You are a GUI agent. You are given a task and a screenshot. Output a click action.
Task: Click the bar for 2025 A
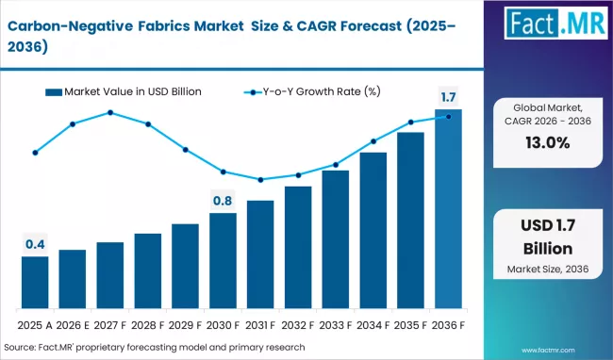pos(35,283)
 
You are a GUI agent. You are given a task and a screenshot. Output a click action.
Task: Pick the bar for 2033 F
pos(335,239)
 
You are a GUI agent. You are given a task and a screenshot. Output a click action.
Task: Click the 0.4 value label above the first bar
pos(35,245)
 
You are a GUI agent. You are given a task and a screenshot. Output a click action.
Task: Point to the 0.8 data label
pos(223,200)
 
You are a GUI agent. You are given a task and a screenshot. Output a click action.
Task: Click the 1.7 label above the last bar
pos(448,97)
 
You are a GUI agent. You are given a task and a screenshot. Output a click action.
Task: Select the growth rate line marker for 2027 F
pos(110,113)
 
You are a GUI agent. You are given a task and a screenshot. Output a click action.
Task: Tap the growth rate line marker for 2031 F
pos(260,180)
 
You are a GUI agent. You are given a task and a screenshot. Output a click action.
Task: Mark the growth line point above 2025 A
pos(35,152)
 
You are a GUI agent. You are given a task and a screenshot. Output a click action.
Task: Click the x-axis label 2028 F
pos(147,325)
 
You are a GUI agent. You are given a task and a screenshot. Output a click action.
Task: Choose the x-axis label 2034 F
pos(373,325)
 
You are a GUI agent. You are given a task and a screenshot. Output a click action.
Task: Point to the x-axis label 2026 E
pos(73,325)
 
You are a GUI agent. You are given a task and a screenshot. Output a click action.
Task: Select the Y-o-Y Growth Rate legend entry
pos(311,91)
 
